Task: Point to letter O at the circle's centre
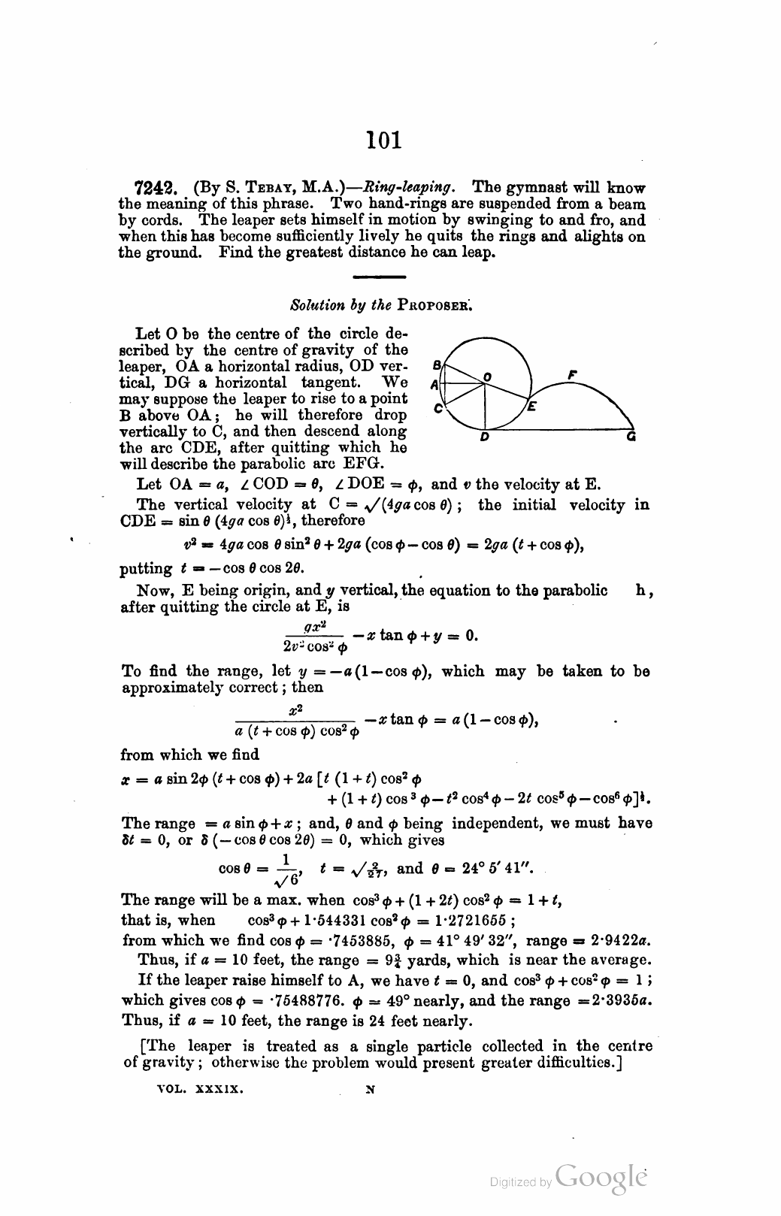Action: pyautogui.click(x=487, y=375)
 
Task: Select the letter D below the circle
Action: pyautogui.click(x=485, y=437)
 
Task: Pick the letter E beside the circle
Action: pyautogui.click(x=531, y=407)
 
